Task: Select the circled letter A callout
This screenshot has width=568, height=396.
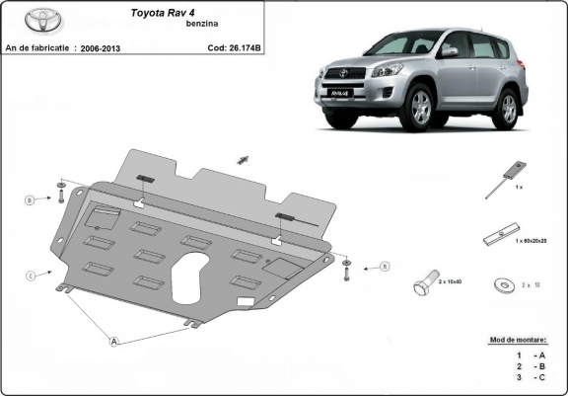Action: [114, 342]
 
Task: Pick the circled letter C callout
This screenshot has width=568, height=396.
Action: [31, 275]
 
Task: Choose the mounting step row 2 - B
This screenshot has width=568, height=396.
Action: [524, 365]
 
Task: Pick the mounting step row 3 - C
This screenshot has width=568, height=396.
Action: [524, 378]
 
